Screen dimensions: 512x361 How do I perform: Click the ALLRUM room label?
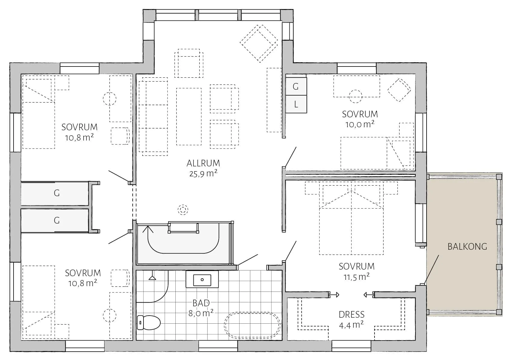pyautogui.click(x=203, y=163)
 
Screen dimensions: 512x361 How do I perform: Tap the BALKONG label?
pyautogui.click(x=467, y=246)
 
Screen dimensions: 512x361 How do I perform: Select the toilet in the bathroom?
pyautogui.click(x=149, y=322)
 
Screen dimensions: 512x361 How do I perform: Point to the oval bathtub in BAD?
pyautogui.click(x=252, y=325)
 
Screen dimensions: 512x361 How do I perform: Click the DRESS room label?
pyautogui.click(x=352, y=315)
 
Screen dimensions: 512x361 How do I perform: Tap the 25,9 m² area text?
pyautogui.click(x=203, y=174)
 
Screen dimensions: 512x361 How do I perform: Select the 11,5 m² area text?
pyautogui.click(x=356, y=277)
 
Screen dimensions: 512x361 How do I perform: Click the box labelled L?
pyautogui.click(x=296, y=104)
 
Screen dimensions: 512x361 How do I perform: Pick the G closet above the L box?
pyautogui.click(x=296, y=86)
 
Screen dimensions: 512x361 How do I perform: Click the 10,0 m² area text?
pyautogui.click(x=360, y=124)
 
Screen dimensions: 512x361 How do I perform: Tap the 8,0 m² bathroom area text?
pyautogui.click(x=201, y=313)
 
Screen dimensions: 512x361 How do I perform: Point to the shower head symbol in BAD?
pyautogui.click(x=152, y=278)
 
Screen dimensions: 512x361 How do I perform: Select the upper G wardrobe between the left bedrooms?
pyautogui.click(x=55, y=193)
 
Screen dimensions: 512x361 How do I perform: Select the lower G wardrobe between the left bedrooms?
pyautogui.click(x=55, y=221)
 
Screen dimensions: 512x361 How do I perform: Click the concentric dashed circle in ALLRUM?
pyautogui.click(x=183, y=209)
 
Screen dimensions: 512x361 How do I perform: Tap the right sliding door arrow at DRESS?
pyautogui.click(x=369, y=295)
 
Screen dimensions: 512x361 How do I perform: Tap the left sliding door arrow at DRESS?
pyautogui.click(x=335, y=295)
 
